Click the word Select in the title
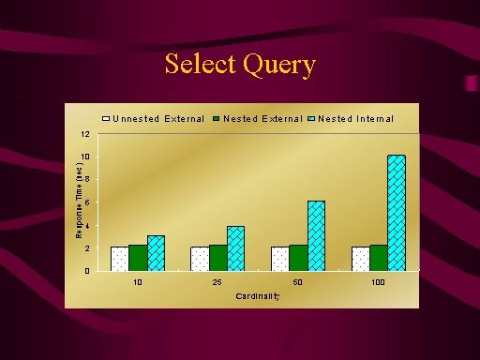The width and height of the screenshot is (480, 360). (200, 64)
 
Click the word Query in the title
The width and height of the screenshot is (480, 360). (279, 65)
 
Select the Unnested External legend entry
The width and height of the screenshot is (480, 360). (154, 119)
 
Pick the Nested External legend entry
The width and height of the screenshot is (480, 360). (258, 119)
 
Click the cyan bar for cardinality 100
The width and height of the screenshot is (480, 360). (397, 213)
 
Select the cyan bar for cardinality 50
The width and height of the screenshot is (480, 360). (316, 236)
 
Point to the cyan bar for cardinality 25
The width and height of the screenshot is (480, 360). (236, 248)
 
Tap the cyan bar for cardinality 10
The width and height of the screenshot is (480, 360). (156, 253)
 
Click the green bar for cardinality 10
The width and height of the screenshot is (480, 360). (138, 258)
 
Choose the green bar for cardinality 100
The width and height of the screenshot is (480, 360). (379, 258)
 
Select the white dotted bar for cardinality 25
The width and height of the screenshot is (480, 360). (200, 259)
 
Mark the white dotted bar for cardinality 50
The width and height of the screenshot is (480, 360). (280, 259)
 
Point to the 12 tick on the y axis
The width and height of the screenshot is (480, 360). (85, 134)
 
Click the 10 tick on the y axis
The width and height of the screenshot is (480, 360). (85, 157)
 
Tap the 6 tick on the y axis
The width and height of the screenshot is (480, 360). (87, 202)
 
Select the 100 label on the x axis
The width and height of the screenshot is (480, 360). (378, 282)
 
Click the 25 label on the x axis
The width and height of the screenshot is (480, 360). (217, 282)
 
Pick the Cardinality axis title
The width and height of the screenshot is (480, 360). (258, 296)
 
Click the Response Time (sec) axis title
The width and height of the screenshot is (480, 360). (79, 201)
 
